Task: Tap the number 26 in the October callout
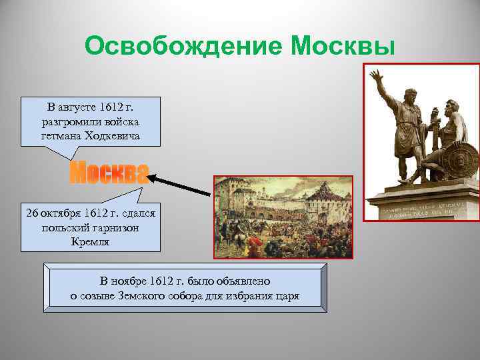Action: (x=33, y=213)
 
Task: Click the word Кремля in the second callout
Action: (x=90, y=241)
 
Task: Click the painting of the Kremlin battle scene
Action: (x=283, y=216)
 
